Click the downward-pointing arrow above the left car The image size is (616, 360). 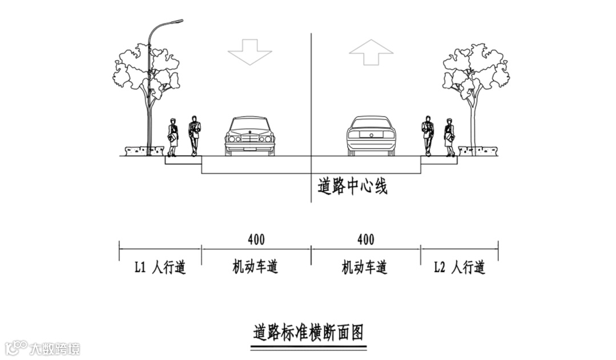click(x=249, y=52)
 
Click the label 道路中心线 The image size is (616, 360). click(x=352, y=186)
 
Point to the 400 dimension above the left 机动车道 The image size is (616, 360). click(x=256, y=239)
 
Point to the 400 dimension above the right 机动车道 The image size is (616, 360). click(x=365, y=239)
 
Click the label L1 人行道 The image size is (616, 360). click(x=160, y=267)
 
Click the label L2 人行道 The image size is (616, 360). click(x=459, y=267)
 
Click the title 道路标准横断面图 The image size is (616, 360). click(x=308, y=332)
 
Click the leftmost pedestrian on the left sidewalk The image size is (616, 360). click(x=172, y=137)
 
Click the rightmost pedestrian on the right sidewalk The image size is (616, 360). click(x=450, y=137)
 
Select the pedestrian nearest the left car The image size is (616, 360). click(x=194, y=135)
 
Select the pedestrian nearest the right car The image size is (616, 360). click(x=427, y=135)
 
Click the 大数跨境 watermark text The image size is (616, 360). click(x=55, y=349)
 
